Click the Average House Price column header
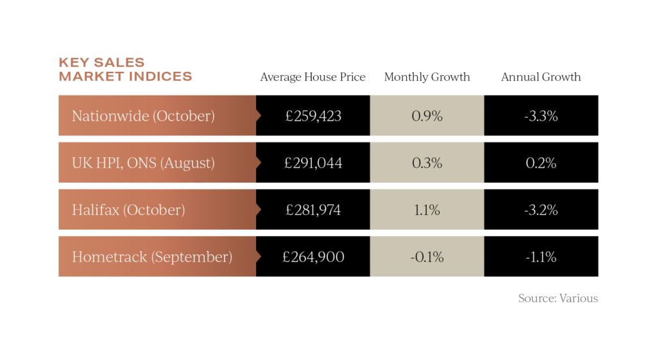tap(312, 77)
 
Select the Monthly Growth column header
tap(427, 77)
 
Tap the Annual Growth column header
tap(541, 77)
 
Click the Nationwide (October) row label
tap(143, 116)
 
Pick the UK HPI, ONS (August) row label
tap(143, 163)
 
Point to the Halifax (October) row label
tap(128, 210)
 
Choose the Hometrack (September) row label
tap(151, 257)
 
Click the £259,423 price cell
tap(313, 116)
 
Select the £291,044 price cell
tap(313, 163)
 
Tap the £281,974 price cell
tap(313, 210)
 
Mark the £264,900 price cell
tap(313, 257)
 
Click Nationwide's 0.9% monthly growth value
tap(427, 116)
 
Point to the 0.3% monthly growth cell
tap(427, 163)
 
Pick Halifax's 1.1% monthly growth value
tap(427, 210)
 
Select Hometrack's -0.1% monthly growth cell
tap(427, 257)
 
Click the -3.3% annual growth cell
tap(541, 116)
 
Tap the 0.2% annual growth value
tap(541, 163)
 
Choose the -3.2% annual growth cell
tap(541, 210)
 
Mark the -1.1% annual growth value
tap(541, 257)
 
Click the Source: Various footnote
tap(558, 298)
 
